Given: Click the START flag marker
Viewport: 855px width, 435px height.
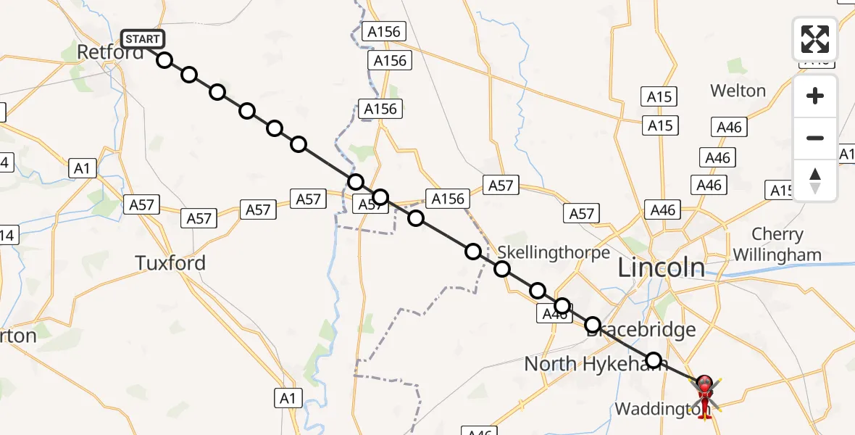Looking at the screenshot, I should click(143, 39).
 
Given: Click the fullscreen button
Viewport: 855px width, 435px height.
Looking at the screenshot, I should click(815, 39).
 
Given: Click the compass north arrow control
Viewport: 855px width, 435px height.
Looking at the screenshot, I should click(815, 180).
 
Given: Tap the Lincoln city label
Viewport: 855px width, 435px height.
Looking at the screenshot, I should click(660, 268).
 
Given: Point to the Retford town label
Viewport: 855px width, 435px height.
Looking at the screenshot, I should click(110, 52).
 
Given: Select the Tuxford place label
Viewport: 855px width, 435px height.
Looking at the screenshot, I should click(170, 262).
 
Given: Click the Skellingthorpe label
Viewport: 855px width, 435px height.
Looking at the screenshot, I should click(554, 252).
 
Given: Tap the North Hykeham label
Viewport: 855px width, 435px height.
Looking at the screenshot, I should click(596, 363).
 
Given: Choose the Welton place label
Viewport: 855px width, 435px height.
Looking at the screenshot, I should click(738, 91).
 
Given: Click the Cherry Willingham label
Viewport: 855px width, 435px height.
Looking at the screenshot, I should click(777, 244).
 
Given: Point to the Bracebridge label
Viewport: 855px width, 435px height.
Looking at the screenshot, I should click(641, 331).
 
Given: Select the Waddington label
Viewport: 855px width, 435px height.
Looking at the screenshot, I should click(659, 409).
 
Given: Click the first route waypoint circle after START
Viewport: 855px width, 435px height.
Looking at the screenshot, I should click(164, 59).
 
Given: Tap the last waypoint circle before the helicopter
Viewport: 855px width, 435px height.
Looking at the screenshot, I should click(654, 360).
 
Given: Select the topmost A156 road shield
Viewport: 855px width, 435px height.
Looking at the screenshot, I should click(384, 32).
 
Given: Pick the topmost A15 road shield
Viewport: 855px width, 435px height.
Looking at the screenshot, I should click(659, 96).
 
